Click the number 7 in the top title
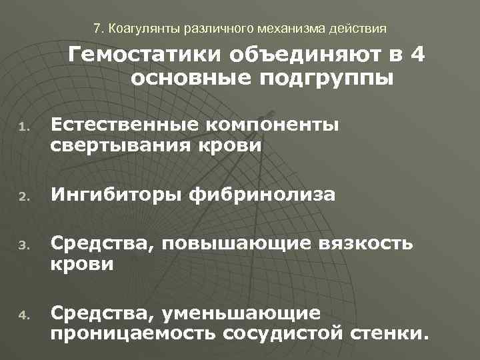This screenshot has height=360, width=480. [x=97, y=29]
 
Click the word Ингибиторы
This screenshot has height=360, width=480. [x=117, y=195]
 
